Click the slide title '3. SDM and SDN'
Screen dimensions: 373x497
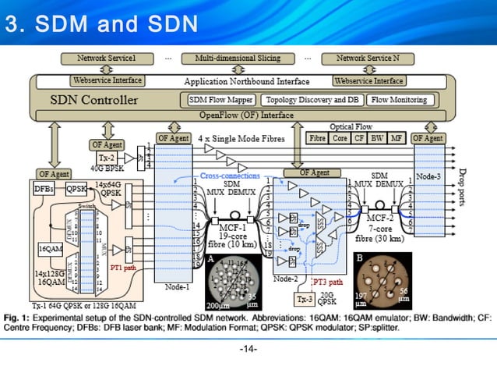(102, 24)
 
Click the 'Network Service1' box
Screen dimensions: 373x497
(106, 59)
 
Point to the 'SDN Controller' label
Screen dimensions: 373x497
(93, 100)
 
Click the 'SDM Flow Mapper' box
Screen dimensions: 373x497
(220, 100)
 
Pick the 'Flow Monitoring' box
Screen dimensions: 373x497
(399, 100)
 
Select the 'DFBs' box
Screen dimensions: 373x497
(44, 188)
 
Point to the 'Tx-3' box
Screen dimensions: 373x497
(303, 300)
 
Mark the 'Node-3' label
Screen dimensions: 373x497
(428, 176)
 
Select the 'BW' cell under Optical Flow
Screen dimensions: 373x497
(378, 138)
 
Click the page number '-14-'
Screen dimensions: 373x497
(248, 347)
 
